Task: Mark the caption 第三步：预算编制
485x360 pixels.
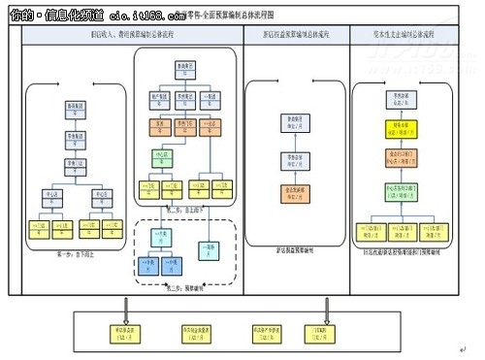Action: tap(185, 288)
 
